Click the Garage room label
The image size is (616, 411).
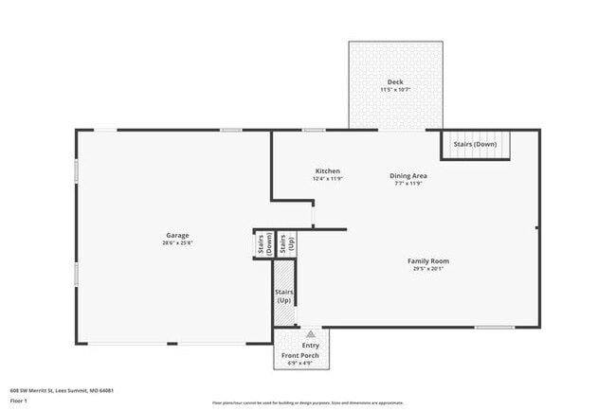(x=178, y=235)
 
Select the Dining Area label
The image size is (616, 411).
(x=408, y=176)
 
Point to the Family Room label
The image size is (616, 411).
(x=428, y=261)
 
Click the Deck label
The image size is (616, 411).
(x=395, y=82)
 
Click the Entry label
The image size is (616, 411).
(x=311, y=346)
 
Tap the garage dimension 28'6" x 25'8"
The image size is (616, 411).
(x=178, y=243)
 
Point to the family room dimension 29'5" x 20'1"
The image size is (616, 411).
(x=428, y=269)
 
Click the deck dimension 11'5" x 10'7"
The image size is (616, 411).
(x=395, y=90)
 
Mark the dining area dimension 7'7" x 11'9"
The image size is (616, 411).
(x=408, y=184)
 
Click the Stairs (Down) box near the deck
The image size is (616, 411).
(x=475, y=145)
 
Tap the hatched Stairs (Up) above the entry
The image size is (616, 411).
(x=283, y=295)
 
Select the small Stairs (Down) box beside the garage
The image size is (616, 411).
(x=262, y=243)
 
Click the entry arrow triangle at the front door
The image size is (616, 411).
(x=309, y=333)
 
